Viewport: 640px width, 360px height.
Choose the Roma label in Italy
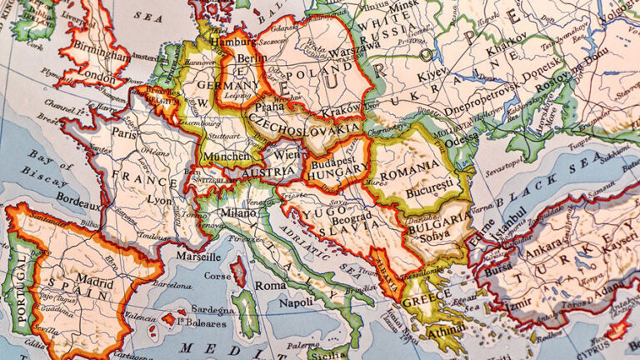click(x=270, y=284)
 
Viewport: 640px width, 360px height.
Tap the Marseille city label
click(x=197, y=257)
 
